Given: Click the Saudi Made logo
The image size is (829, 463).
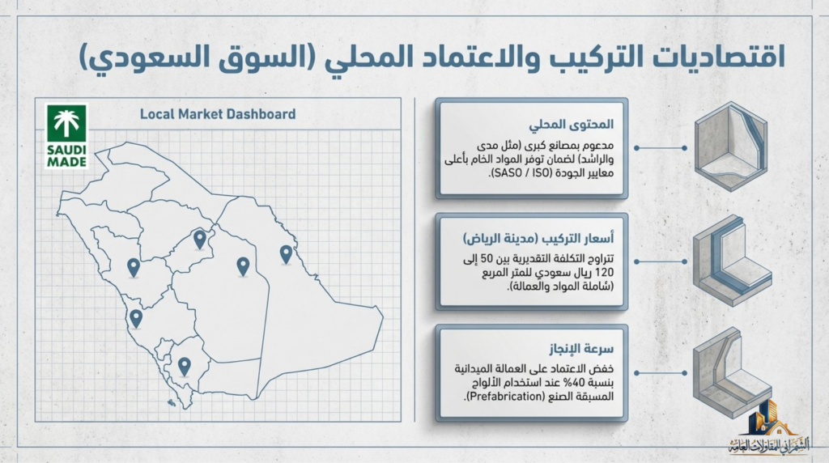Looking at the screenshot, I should (x=66, y=135).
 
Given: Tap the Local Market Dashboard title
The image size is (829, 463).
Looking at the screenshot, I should (x=218, y=114).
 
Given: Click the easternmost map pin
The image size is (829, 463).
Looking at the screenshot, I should (x=286, y=254).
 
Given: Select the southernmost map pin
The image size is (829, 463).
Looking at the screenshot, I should (x=185, y=366).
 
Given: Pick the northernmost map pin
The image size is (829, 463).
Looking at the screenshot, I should (x=200, y=238).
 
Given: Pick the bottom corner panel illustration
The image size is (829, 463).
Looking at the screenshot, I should (x=731, y=371).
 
